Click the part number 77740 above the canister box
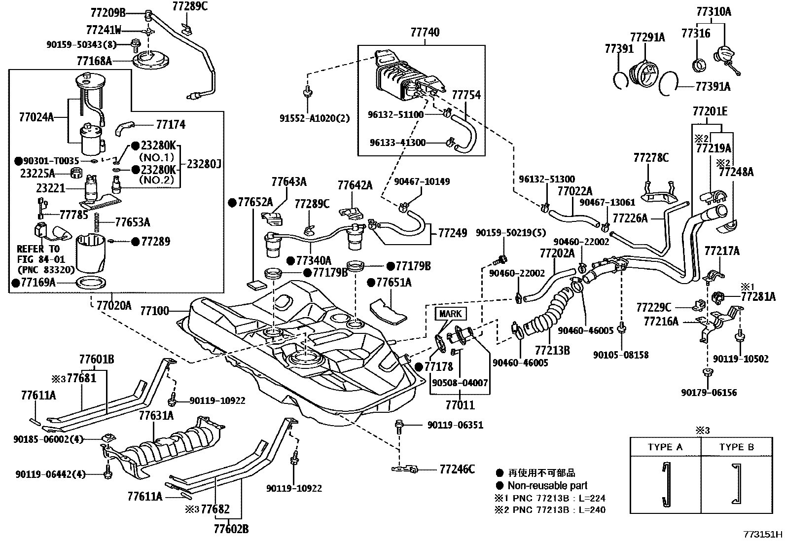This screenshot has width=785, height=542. click(425, 32)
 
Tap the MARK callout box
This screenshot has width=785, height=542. click(451, 314)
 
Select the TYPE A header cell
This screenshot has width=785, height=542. click(665, 447)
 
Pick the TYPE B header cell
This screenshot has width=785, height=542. click(737, 447)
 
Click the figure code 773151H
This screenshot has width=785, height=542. click(763, 534)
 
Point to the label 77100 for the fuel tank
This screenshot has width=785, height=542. click(154, 311)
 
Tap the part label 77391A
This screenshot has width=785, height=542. click(713, 86)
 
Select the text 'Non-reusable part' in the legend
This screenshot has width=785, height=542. click(547, 486)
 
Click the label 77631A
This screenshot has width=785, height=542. click(156, 415)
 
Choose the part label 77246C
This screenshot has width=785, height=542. click(457, 469)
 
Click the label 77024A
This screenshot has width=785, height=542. click(36, 117)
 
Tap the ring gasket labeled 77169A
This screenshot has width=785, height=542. click(91, 283)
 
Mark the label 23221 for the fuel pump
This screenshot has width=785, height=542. click(51, 188)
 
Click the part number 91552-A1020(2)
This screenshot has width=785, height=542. click(315, 118)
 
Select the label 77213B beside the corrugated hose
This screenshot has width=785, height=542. click(552, 350)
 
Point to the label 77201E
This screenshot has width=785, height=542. click(710, 111)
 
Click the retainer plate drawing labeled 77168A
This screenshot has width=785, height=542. click(151, 61)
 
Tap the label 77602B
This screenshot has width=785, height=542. click(231, 529)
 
